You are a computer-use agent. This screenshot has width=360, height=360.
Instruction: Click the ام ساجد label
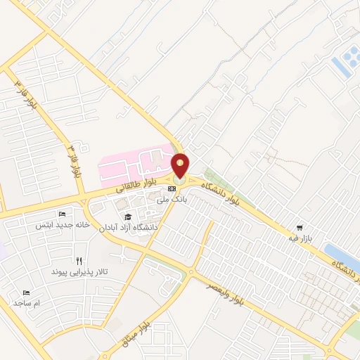tap(27, 302)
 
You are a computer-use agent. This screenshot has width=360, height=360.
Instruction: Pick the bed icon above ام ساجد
tap(27, 292)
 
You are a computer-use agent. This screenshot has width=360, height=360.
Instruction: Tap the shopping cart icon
tap(300, 227)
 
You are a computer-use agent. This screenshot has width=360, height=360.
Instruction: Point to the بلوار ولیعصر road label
tap(225, 294)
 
